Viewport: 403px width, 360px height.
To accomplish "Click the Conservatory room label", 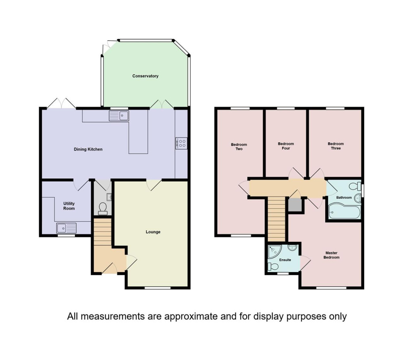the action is pyautogui.click(x=145, y=76).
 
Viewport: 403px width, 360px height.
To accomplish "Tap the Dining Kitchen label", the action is pyautogui.click(x=88, y=149).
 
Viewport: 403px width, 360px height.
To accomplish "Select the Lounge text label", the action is pyautogui.click(x=153, y=232).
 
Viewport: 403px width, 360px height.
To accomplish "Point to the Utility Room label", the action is pyautogui.click(x=69, y=206).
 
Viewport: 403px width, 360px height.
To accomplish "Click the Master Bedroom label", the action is pyautogui.click(x=331, y=255).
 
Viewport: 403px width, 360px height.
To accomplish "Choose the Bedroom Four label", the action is pyautogui.click(x=286, y=146).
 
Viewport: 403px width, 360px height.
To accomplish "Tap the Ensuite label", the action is pyautogui.click(x=285, y=260).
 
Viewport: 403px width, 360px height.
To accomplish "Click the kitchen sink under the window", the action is pyautogui.click(x=119, y=116).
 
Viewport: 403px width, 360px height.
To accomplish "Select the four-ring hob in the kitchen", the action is pyautogui.click(x=181, y=143).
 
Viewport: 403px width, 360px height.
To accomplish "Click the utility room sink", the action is pyautogui.click(x=66, y=228).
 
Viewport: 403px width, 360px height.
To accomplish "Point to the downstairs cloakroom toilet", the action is pyautogui.click(x=103, y=208).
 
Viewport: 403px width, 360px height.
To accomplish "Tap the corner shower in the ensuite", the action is pyautogui.click(x=274, y=252).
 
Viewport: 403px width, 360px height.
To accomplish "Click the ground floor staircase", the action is pyautogui.click(x=102, y=232).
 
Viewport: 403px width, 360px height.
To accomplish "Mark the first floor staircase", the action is pyautogui.click(x=276, y=219).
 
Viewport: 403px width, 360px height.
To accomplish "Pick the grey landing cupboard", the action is pyautogui.click(x=295, y=205).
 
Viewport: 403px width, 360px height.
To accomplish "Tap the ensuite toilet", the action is pyautogui.click(x=273, y=266).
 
